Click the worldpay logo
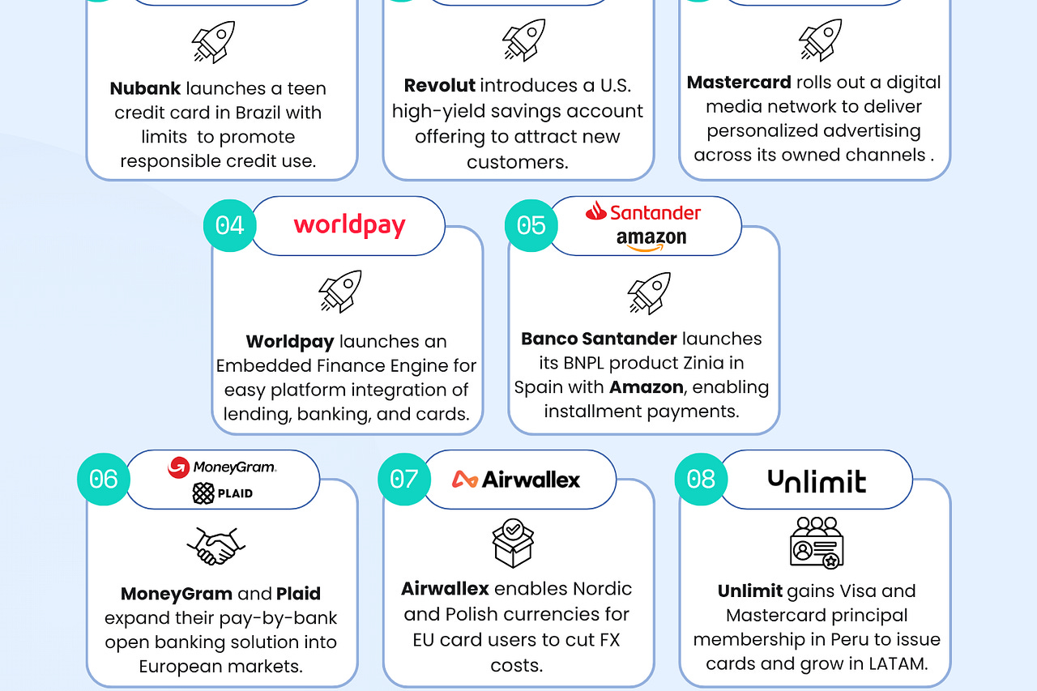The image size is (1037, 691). pyautogui.click(x=349, y=225)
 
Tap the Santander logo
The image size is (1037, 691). pyautogui.click(x=643, y=212)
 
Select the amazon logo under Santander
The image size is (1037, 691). pyautogui.click(x=651, y=239)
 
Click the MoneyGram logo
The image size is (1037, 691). pyautogui.click(x=222, y=467)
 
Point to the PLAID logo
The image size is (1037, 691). pyautogui.click(x=223, y=493)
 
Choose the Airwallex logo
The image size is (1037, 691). pyautogui.click(x=516, y=480)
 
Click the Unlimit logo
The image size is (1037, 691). pyautogui.click(x=817, y=481)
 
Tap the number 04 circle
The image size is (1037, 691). pyautogui.click(x=230, y=224)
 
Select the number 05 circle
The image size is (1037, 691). pyautogui.click(x=531, y=224)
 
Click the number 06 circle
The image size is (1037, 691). pyautogui.click(x=104, y=479)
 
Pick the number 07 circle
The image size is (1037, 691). pyautogui.click(x=404, y=479)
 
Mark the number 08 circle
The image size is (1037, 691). pyautogui.click(x=702, y=479)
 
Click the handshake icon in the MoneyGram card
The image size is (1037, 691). pyautogui.click(x=216, y=546)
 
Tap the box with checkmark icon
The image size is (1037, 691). pyautogui.click(x=513, y=543)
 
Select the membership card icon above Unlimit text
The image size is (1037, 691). pyautogui.click(x=817, y=543)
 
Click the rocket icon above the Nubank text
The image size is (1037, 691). pyautogui.click(x=213, y=41)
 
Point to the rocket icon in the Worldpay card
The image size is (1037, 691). pyautogui.click(x=340, y=292)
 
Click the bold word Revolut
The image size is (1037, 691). pyautogui.click(x=440, y=86)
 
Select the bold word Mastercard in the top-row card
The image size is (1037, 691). pyautogui.click(x=739, y=83)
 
